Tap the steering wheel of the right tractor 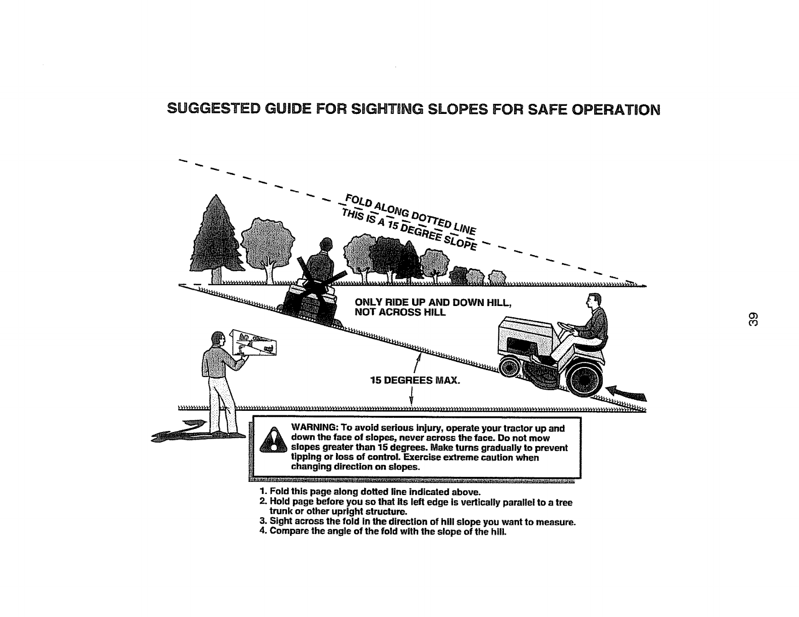(572, 328)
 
